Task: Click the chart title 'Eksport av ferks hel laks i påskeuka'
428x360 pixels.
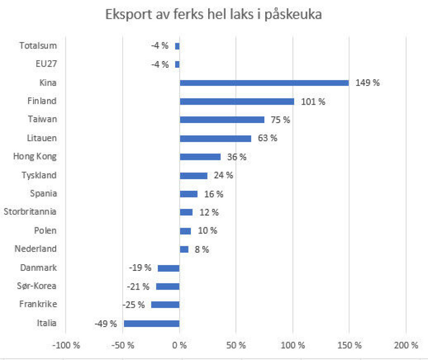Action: pyautogui.click(x=214, y=15)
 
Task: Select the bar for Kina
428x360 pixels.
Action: pyautogui.click(x=264, y=82)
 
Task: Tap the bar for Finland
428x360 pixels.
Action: pyautogui.click(x=237, y=101)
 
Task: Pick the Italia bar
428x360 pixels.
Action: pyautogui.click(x=152, y=323)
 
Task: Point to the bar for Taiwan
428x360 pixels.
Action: pyautogui.click(x=222, y=120)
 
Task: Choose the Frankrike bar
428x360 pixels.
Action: pyautogui.click(x=165, y=305)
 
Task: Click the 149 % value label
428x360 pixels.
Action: pyautogui.click(x=367, y=82)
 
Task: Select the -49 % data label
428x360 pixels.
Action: pyautogui.click(x=106, y=323)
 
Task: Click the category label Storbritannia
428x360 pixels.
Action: pyautogui.click(x=30, y=212)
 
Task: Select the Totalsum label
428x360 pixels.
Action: pyautogui.click(x=38, y=45)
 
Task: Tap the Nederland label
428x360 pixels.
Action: pyautogui.click(x=36, y=249)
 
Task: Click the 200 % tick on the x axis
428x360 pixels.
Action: pyautogui.click(x=406, y=345)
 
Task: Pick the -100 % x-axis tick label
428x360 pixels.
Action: pyautogui.click(x=66, y=345)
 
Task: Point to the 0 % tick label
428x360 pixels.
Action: pyautogui.click(x=180, y=345)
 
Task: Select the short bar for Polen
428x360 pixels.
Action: pyautogui.click(x=185, y=231)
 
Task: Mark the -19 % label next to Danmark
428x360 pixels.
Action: pyautogui.click(x=140, y=268)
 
